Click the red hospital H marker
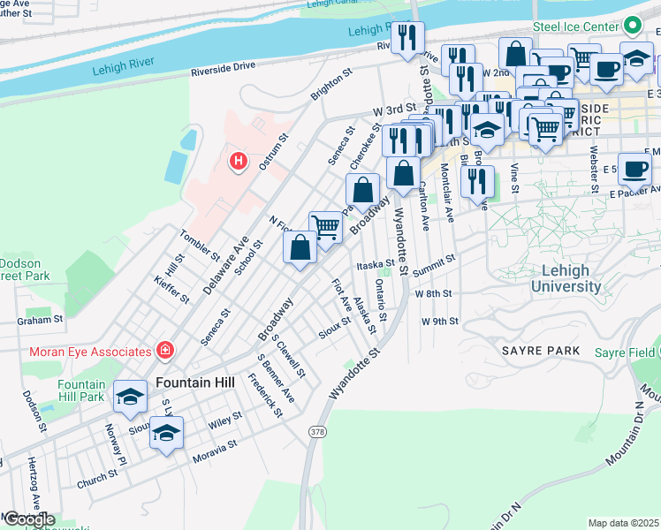[x=237, y=162]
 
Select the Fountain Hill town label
[x=194, y=383]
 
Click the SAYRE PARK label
[x=541, y=351]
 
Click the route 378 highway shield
[x=316, y=431]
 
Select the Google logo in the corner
[x=29, y=519]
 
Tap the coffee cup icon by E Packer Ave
[x=634, y=168]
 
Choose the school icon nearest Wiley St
[x=165, y=432]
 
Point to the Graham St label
[x=40, y=320]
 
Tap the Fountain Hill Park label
[x=81, y=391]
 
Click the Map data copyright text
[x=624, y=523]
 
